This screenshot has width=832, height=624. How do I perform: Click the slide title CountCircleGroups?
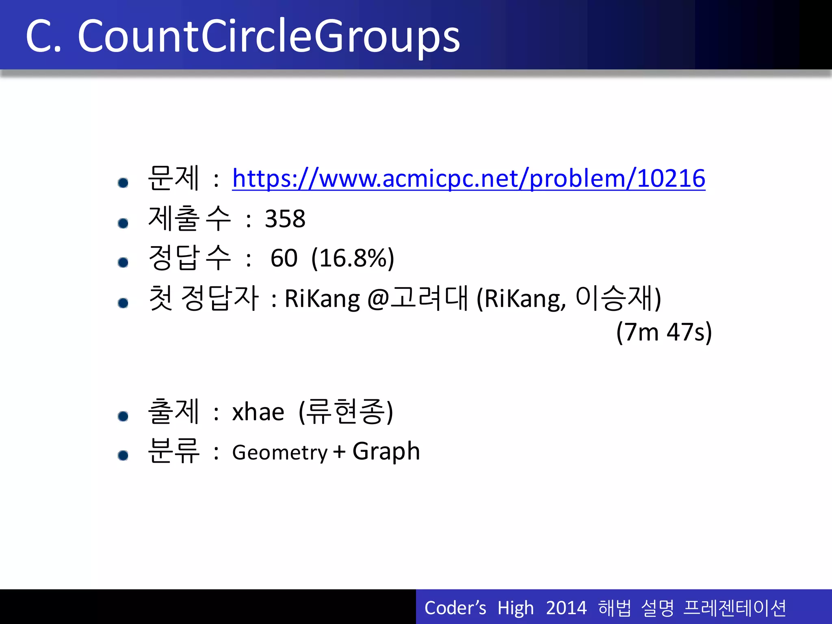(x=268, y=37)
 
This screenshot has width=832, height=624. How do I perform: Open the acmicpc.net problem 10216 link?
(x=468, y=178)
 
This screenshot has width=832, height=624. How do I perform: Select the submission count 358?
(x=285, y=219)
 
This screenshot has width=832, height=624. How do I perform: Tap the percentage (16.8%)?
(x=353, y=258)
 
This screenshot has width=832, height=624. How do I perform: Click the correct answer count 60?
(x=284, y=258)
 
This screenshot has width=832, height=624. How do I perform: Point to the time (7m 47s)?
(x=664, y=332)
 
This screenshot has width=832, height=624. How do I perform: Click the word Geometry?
(x=279, y=453)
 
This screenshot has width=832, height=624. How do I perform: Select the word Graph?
(x=386, y=452)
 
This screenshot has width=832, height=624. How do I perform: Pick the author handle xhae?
(x=258, y=412)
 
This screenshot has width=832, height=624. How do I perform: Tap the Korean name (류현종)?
(x=346, y=412)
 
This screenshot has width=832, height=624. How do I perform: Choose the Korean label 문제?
(x=173, y=178)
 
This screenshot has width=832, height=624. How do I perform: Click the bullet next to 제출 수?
(x=123, y=223)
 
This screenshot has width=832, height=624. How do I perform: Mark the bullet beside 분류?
(x=123, y=455)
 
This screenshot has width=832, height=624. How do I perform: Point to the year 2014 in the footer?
(x=566, y=608)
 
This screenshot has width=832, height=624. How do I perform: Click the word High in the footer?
(x=515, y=608)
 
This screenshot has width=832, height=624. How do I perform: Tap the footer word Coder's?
(x=455, y=608)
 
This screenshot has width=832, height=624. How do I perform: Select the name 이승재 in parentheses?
(x=615, y=298)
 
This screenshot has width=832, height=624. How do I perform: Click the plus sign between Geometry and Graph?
(x=340, y=452)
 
